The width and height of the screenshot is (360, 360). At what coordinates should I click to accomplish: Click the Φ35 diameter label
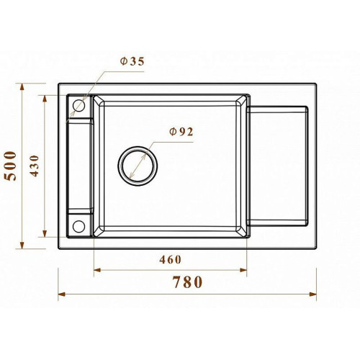(132, 62)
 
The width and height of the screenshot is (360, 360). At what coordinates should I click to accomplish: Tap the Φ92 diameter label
(181, 132)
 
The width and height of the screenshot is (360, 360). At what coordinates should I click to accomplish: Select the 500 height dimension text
(11, 166)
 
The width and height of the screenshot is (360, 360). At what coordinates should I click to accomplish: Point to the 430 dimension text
(35, 166)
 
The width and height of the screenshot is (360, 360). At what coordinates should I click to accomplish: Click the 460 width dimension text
(170, 260)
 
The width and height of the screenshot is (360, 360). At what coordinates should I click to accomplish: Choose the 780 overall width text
(188, 282)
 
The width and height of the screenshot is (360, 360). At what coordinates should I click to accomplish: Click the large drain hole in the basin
(138, 166)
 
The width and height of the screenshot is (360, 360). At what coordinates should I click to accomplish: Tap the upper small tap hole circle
(78, 105)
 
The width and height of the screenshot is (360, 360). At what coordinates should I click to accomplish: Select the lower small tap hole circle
(78, 226)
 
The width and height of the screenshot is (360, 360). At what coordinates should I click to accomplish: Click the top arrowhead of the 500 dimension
(22, 87)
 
